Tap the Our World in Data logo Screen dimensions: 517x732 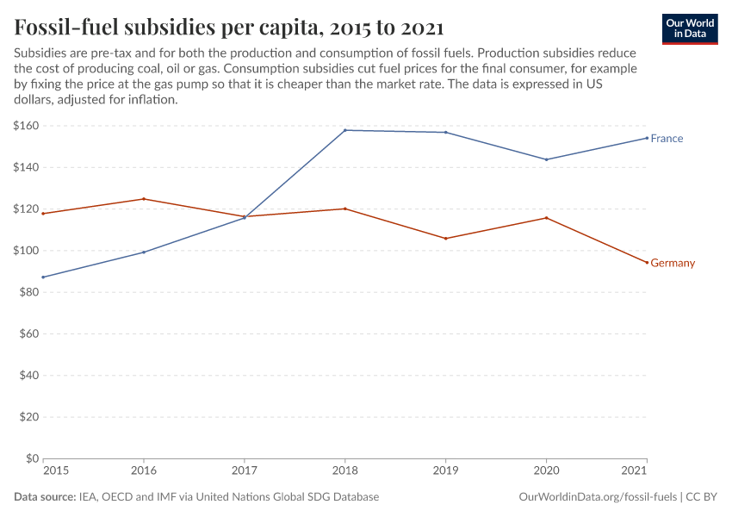[x=689, y=28]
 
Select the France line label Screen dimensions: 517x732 [x=667, y=139]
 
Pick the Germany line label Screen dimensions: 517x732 [x=672, y=263]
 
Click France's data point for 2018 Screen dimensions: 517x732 [x=344, y=130]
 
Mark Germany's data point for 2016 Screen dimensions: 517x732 [x=144, y=199]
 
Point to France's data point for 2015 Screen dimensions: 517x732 [x=43, y=277]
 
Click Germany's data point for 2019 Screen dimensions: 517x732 [x=445, y=239]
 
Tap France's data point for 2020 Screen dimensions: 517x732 [x=546, y=159]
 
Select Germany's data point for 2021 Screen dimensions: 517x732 [x=647, y=263]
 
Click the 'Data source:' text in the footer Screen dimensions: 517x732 [x=43, y=497]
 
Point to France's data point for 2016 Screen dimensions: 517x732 [x=144, y=252]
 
